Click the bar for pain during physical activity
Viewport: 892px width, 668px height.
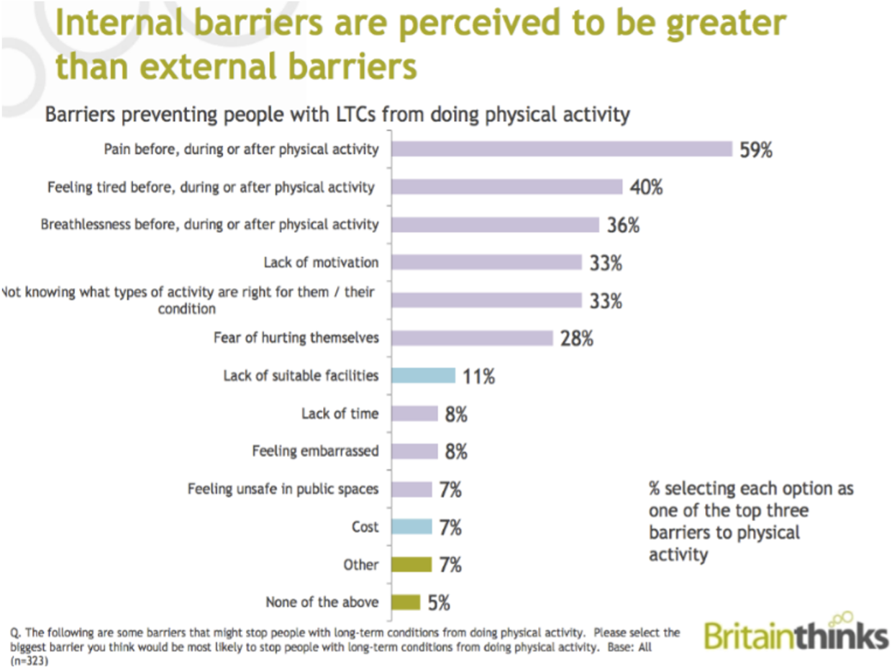561,149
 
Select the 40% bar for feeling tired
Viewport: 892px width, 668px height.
506,186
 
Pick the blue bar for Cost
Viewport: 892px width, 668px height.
411,527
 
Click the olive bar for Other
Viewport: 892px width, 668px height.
411,564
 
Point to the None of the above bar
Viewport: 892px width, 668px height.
406,602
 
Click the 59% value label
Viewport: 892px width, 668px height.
756,151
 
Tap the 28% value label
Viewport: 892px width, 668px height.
577,338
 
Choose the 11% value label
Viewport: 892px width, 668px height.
478,376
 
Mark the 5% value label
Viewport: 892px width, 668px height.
438,602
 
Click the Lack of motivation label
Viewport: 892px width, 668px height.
321,262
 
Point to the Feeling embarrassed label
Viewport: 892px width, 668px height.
315,451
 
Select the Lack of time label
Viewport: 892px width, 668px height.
340,413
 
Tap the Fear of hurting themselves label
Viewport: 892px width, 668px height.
296,337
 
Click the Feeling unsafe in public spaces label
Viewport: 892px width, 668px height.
283,489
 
